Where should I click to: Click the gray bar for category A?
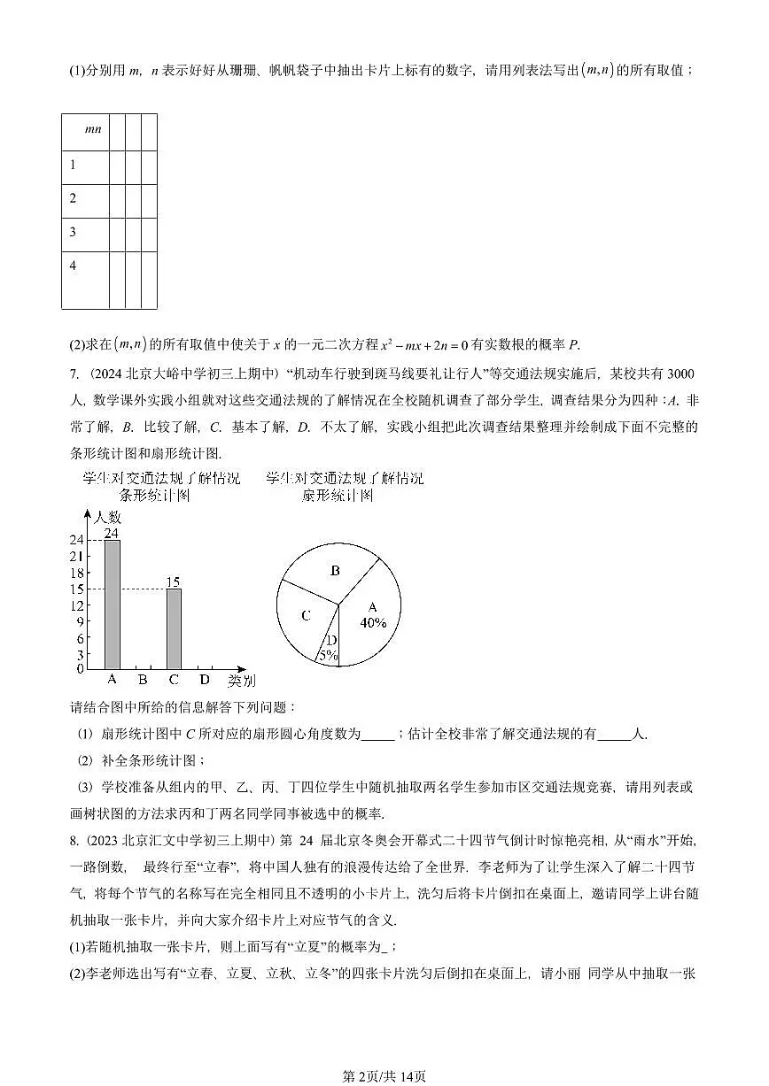[113, 605]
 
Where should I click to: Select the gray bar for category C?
[174, 628]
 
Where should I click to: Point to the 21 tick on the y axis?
[77, 556]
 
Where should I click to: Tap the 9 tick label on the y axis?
[80, 622]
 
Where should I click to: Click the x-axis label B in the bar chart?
[143, 680]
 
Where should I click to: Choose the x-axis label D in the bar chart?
[205, 680]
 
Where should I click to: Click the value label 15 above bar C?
[174, 582]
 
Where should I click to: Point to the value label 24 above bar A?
[112, 533]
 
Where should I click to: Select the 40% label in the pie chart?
[373, 622]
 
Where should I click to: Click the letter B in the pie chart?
[335, 571]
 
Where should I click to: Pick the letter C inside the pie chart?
[305, 616]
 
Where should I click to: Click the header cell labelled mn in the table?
[92, 129]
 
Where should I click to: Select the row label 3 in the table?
[73, 232]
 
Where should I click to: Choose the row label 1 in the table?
[73, 165]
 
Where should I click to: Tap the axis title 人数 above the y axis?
[108, 517]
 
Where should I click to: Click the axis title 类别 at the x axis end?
[241, 680]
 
